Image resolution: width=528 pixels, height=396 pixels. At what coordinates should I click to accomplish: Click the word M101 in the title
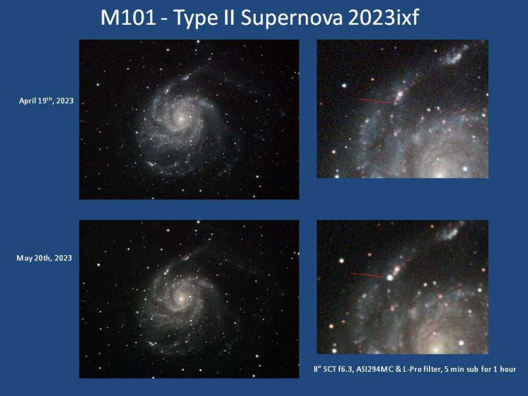pyautogui.click(x=128, y=18)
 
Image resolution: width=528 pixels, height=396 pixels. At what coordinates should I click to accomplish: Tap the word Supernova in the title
pyautogui.click(x=291, y=19)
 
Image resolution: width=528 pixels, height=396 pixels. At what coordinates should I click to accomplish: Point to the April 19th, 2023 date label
pyautogui.click(x=46, y=101)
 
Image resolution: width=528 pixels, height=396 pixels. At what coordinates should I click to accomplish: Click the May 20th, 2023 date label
pyautogui.click(x=44, y=258)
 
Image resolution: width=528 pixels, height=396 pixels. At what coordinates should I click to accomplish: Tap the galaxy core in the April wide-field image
pyautogui.click(x=181, y=118)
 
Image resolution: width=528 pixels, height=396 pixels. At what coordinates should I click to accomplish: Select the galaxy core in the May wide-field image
pyautogui.click(x=181, y=298)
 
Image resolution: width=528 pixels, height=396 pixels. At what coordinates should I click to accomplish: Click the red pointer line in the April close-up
pyautogui.click(x=376, y=101)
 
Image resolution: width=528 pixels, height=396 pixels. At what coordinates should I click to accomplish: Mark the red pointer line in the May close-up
pyautogui.click(x=368, y=275)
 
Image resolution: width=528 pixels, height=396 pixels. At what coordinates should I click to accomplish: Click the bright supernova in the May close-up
pyautogui.click(x=390, y=277)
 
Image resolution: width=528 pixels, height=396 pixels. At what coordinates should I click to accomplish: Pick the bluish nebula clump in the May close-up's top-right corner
pyautogui.click(x=450, y=231)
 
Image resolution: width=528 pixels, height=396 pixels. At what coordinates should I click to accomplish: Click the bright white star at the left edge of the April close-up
pyautogui.click(x=344, y=86)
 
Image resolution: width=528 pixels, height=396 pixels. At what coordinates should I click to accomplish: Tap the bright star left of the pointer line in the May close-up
pyautogui.click(x=342, y=260)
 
